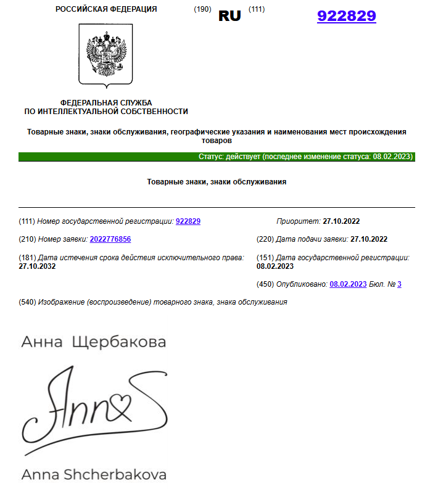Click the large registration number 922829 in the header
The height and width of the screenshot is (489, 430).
pos(346,16)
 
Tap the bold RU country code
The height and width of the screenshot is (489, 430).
pos(229,16)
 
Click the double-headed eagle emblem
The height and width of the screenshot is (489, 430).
pos(106,56)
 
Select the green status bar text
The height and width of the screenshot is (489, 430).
pos(305,157)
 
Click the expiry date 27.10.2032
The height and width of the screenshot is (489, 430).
pos(38,266)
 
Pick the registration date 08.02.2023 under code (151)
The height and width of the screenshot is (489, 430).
pos(275,266)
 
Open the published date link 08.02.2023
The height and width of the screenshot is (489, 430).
pos(348,284)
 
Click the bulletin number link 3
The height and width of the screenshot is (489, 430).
pos(399,284)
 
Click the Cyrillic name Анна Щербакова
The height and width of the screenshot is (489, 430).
pos(93,342)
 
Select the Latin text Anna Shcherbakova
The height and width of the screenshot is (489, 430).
pos(93,475)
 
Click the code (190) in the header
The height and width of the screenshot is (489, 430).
pos(203,9)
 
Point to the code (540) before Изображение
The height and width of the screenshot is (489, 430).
pos(28,302)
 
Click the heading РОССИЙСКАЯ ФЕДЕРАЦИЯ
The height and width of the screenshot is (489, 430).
pos(105,9)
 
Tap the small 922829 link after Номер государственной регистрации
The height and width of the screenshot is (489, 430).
pos(188,221)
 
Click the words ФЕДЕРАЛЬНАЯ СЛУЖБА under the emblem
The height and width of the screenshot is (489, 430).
pos(105,102)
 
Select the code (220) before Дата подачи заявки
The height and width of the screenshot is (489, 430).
pos(265,239)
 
